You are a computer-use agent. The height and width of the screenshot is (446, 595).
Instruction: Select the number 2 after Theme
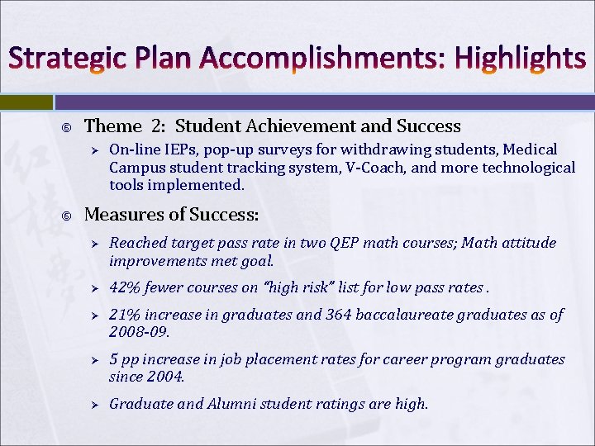coord(157,126)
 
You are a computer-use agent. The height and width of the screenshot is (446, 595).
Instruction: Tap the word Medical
coord(531,150)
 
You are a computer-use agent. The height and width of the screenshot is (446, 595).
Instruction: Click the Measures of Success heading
coord(172,216)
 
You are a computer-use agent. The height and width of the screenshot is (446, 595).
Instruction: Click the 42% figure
coord(123,288)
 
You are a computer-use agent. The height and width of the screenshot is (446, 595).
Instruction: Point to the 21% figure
coord(123,315)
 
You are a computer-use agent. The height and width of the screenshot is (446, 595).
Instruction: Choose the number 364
coord(317,315)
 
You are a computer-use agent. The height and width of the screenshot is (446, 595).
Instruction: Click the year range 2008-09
coord(138,331)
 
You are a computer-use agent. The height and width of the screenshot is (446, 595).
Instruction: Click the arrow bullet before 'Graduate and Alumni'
coord(95,405)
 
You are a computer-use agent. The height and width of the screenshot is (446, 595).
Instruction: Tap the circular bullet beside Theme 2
coord(67,127)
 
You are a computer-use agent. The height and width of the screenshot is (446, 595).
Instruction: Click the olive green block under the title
coord(26,102)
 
